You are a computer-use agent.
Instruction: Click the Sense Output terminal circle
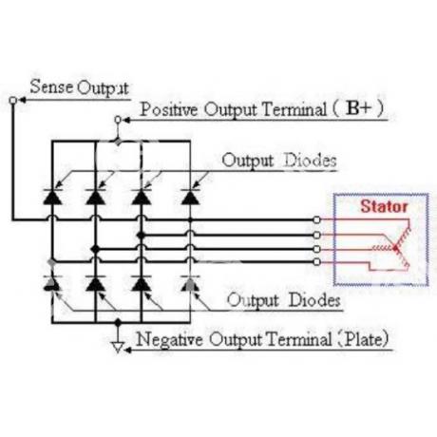click(12, 101)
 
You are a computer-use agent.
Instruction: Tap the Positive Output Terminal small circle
click(118, 120)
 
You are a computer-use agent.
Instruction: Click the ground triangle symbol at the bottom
click(118, 348)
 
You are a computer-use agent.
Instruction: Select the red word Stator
click(384, 206)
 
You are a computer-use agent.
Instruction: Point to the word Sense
click(51, 86)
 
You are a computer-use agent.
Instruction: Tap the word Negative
click(169, 339)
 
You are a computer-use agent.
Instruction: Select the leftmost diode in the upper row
click(52, 197)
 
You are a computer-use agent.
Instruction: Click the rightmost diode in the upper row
click(190, 197)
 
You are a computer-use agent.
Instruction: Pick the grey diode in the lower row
click(190, 283)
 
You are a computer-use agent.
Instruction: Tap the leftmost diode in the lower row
click(52, 283)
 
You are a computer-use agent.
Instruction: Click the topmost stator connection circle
click(316, 219)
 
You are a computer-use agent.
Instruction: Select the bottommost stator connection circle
click(316, 262)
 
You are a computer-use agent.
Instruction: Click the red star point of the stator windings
click(395, 248)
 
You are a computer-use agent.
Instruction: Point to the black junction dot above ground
click(118, 323)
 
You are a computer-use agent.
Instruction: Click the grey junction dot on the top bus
click(118, 142)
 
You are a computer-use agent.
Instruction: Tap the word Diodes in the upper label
click(310, 161)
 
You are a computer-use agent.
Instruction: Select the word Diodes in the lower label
click(314, 299)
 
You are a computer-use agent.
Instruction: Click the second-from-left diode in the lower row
click(96, 283)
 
